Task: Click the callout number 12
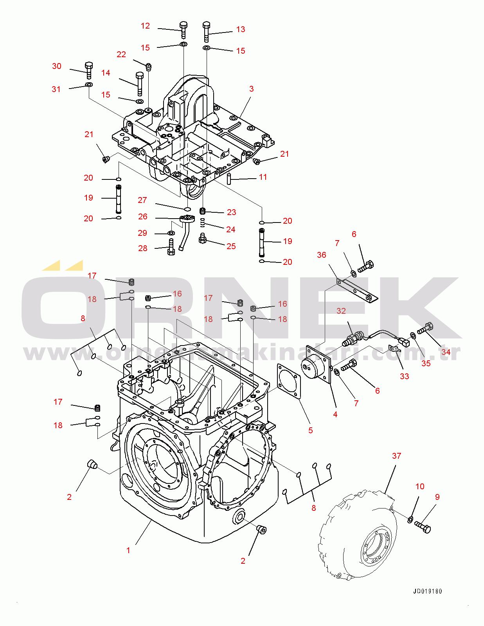(x=145, y=26)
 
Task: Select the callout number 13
(x=241, y=29)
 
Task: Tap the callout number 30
(x=57, y=66)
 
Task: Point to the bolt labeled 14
(x=140, y=83)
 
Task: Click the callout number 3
(x=252, y=89)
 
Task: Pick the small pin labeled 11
(x=230, y=179)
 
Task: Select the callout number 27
(x=142, y=200)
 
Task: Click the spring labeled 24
(x=203, y=223)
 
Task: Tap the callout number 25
(x=231, y=246)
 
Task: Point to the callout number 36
(x=321, y=255)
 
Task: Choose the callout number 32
(x=341, y=311)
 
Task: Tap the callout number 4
(x=335, y=414)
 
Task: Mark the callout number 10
(x=420, y=486)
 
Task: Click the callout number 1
(x=128, y=550)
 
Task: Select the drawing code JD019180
(x=428, y=592)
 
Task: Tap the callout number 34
(x=446, y=352)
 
